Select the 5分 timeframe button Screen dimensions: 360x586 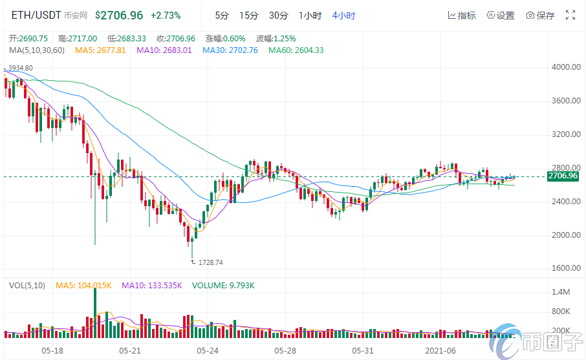click(222, 15)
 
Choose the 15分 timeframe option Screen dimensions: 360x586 click(248, 15)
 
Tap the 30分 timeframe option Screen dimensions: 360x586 click(278, 15)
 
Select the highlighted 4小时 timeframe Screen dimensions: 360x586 click(343, 15)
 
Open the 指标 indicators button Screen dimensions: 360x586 click(462, 16)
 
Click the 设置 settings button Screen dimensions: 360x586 click(501, 16)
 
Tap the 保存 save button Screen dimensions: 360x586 click(540, 16)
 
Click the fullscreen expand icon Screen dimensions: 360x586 click(570, 15)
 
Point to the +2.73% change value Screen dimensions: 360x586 click(166, 15)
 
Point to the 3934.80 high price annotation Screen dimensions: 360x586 click(19, 68)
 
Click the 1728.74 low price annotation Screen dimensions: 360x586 click(210, 262)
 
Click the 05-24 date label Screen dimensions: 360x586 click(208, 350)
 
